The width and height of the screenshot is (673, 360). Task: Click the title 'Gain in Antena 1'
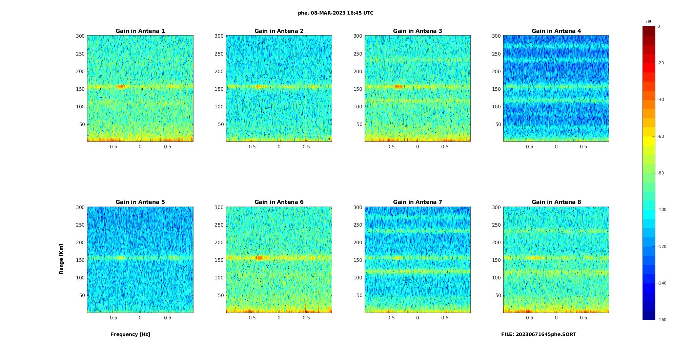pyautogui.click(x=140, y=31)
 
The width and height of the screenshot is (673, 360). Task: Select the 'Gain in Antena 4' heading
pyautogui.click(x=556, y=31)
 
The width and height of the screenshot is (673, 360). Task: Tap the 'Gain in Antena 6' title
pyautogui.click(x=279, y=202)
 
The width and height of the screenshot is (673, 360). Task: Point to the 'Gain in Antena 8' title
pyautogui.click(x=556, y=202)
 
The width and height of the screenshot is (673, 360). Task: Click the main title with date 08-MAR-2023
pyautogui.click(x=335, y=13)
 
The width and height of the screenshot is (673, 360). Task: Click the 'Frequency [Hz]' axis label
pyautogui.click(x=130, y=334)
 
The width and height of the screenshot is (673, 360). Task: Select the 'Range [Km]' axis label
pyautogui.click(x=61, y=259)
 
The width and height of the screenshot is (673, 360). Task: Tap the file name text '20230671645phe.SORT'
pyautogui.click(x=546, y=334)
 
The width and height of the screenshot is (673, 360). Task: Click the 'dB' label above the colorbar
pyautogui.click(x=649, y=22)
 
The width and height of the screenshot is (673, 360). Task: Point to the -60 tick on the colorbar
pyautogui.click(x=660, y=136)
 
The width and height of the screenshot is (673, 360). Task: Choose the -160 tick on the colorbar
pyautogui.click(x=661, y=320)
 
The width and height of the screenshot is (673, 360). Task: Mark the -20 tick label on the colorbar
pyautogui.click(x=660, y=63)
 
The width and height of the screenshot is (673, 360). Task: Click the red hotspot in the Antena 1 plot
pyautogui.click(x=121, y=87)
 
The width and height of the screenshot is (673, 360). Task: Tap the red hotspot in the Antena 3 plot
pyautogui.click(x=399, y=87)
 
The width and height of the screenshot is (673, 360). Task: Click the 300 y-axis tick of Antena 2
pyautogui.click(x=219, y=36)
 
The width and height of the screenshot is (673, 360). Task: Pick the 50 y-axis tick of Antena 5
pyautogui.click(x=82, y=295)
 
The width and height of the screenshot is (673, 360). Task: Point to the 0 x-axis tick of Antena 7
pyautogui.click(x=417, y=318)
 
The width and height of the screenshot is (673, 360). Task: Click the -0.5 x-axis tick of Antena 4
pyautogui.click(x=529, y=147)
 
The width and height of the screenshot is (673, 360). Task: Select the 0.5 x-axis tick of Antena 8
pyautogui.click(x=584, y=318)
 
